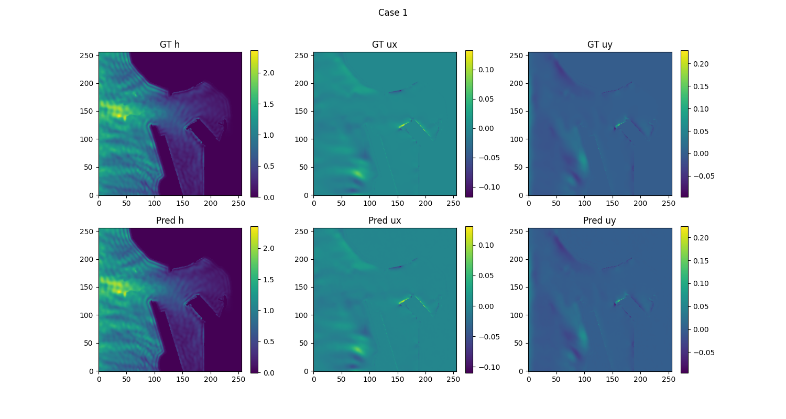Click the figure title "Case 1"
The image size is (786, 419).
click(x=392, y=13)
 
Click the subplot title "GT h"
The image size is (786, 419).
click(x=170, y=45)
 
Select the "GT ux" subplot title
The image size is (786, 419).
click(x=385, y=45)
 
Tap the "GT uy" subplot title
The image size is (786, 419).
click(x=599, y=45)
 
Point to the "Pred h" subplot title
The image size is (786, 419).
click(x=170, y=220)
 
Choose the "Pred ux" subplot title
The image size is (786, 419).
click(x=385, y=220)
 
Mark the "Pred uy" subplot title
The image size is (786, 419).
click(x=599, y=220)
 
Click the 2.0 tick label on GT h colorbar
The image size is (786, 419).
click(x=268, y=73)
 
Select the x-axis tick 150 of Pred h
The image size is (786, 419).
click(x=183, y=379)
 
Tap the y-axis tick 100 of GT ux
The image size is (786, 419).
click(x=303, y=139)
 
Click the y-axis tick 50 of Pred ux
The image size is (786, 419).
click(x=305, y=343)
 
